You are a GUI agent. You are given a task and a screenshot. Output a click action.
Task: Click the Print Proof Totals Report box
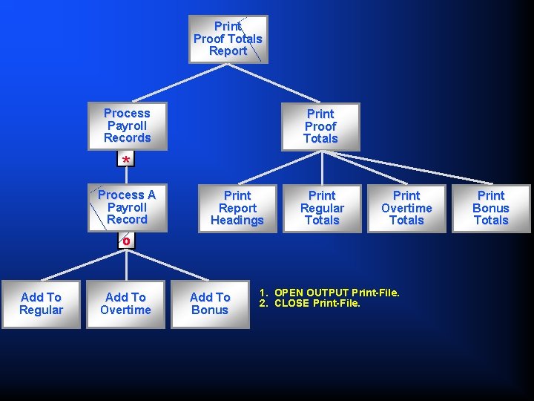tap(228, 39)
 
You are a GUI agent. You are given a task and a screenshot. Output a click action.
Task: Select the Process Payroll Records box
tap(127, 125)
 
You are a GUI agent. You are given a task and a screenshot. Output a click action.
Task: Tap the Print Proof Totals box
tap(320, 126)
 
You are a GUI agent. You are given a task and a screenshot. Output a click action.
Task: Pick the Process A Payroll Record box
tap(127, 207)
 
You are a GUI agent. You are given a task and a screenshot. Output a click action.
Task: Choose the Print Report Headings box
tap(237, 208)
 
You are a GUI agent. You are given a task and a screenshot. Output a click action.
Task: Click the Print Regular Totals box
tap(322, 208)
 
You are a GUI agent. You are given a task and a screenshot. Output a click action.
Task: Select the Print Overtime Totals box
tap(406, 208)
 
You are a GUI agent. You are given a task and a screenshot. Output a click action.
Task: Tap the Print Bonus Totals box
tap(491, 208)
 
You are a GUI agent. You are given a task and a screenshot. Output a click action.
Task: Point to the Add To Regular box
tap(41, 304)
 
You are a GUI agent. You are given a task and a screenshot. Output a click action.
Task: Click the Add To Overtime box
tap(125, 304)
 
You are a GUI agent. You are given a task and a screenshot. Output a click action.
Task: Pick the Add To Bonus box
tap(210, 304)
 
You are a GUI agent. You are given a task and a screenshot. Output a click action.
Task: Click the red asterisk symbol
tap(127, 160)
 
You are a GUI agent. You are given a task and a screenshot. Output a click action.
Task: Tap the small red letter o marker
tap(127, 241)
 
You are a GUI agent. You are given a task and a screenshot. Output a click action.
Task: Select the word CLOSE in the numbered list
tap(291, 303)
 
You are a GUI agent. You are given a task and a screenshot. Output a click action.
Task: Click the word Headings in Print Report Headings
tap(237, 221)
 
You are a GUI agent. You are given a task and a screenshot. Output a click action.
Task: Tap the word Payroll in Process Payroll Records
tap(127, 125)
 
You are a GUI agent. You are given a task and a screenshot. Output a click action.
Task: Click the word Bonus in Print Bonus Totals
tap(491, 208)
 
